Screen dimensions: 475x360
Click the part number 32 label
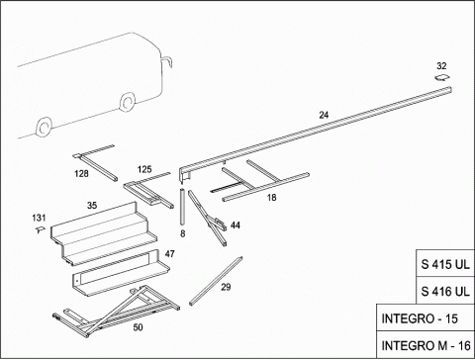click(441, 66)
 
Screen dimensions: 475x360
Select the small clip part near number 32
click(442, 78)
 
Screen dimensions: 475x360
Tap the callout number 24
click(324, 115)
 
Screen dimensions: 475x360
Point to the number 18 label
click(271, 198)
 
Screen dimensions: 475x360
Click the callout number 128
click(81, 173)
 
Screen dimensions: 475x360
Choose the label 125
click(144, 169)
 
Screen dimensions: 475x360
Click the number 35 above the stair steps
click(92, 206)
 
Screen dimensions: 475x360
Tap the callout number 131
click(39, 218)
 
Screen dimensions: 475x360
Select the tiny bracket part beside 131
click(40, 229)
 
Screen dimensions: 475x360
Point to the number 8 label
click(183, 233)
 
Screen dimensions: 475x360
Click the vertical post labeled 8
click(182, 207)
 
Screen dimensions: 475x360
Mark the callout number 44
click(236, 225)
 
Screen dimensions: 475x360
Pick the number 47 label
click(169, 254)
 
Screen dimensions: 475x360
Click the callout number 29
click(226, 287)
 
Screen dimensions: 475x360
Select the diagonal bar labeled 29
click(216, 281)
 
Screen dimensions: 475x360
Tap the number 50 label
click(138, 327)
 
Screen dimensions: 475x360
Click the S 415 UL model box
click(445, 263)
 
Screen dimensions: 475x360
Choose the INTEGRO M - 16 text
click(426, 346)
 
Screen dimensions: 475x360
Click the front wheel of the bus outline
click(127, 102)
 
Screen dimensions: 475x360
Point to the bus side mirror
click(167, 61)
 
